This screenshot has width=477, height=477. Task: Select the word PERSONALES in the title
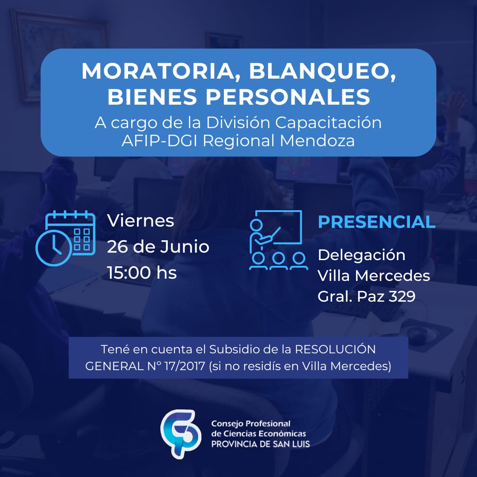pos(288,97)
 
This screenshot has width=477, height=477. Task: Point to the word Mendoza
pos(317,141)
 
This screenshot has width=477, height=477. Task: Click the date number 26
pos(117,247)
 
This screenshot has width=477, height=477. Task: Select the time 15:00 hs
pos(142,273)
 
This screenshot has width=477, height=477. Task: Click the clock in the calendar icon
pos(54,248)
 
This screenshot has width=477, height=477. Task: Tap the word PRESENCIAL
pos(377,222)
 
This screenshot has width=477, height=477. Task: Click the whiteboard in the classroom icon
pos(283,227)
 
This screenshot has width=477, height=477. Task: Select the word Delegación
pos(361,255)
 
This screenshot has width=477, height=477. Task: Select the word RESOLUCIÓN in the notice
pos(335,349)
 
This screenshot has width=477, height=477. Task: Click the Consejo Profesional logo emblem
pos(181,434)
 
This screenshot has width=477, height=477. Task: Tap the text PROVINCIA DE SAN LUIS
pos(261,444)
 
